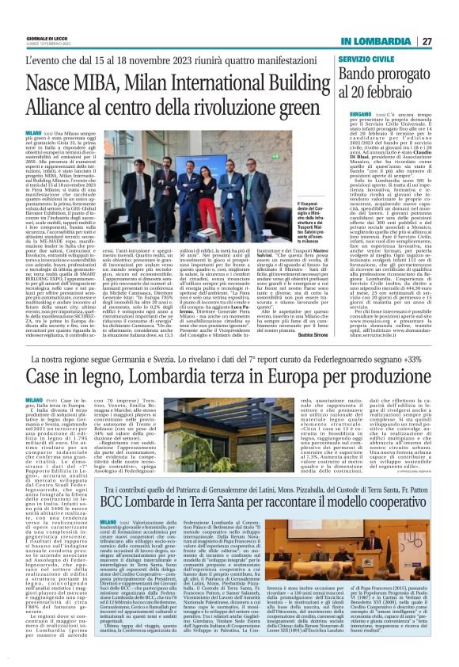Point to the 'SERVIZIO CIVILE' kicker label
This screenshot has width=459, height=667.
click(x=344, y=59)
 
